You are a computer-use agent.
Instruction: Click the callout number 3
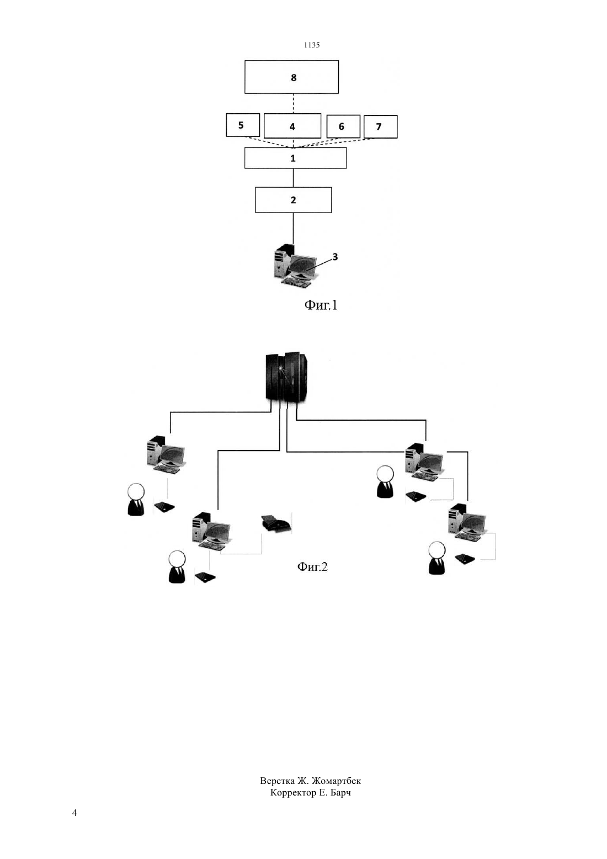[335, 257]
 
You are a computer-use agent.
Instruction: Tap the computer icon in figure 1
[296, 267]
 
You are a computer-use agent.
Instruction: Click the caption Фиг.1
[321, 305]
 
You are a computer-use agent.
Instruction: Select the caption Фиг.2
[312, 566]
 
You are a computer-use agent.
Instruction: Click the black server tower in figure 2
[287, 378]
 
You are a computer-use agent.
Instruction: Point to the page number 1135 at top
[312, 45]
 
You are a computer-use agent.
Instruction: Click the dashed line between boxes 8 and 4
[293, 104]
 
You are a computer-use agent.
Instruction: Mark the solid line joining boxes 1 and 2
[293, 178]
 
